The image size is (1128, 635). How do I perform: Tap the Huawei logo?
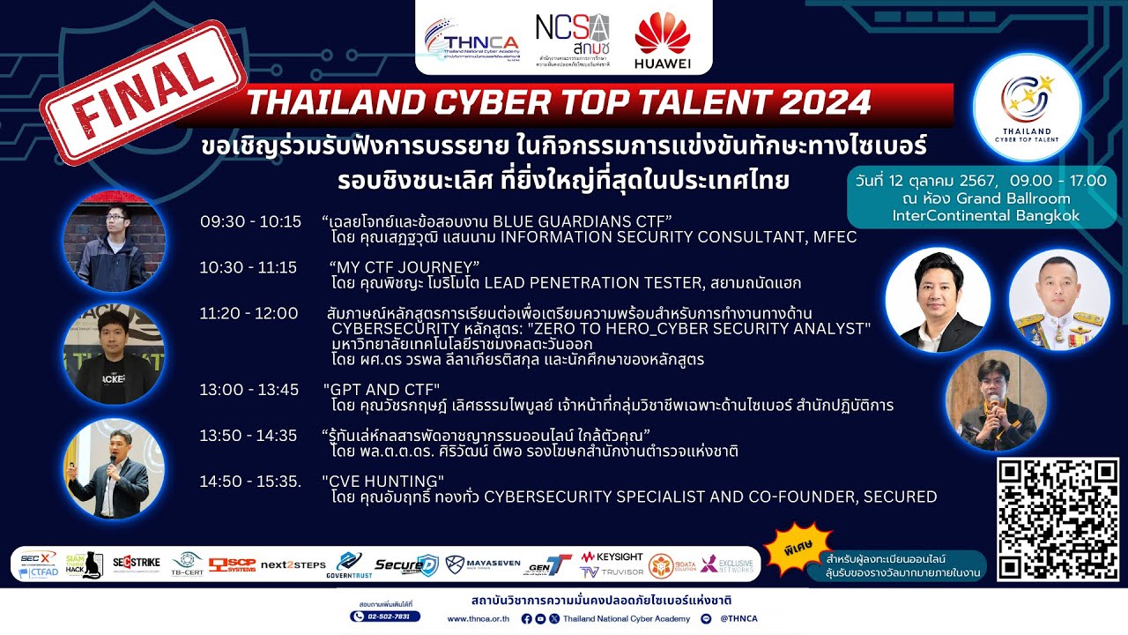[662, 41]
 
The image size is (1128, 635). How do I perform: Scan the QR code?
[1057, 519]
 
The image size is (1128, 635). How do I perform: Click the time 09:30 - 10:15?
[250, 221]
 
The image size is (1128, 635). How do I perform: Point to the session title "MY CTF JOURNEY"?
[404, 267]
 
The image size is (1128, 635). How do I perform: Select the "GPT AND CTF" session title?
[382, 390]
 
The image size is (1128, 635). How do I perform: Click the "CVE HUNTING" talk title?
[383, 482]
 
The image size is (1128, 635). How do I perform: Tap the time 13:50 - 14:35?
[249, 436]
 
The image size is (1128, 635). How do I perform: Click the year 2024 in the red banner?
[823, 103]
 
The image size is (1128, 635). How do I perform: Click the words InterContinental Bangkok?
[985, 216]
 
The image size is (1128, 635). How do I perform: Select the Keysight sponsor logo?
[612, 557]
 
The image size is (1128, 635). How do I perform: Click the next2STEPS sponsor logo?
[293, 564]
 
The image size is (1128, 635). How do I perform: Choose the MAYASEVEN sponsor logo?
[479, 564]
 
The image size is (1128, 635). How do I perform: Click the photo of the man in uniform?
[1058, 300]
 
